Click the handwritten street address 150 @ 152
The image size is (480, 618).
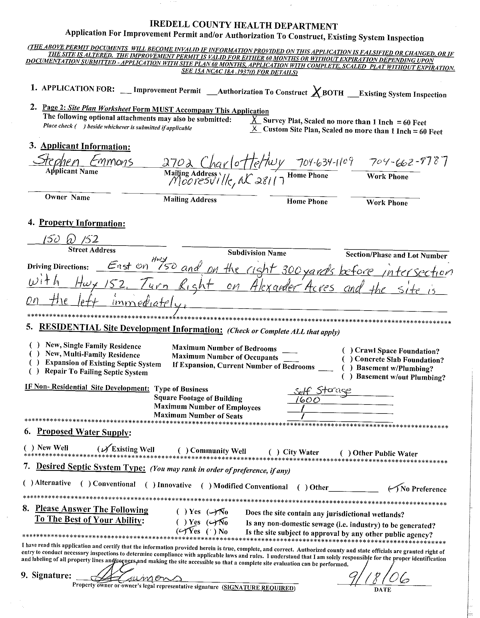point(70,240)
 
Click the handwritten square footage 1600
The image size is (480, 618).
point(307,399)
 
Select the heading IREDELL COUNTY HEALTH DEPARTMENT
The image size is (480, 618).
point(243,26)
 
